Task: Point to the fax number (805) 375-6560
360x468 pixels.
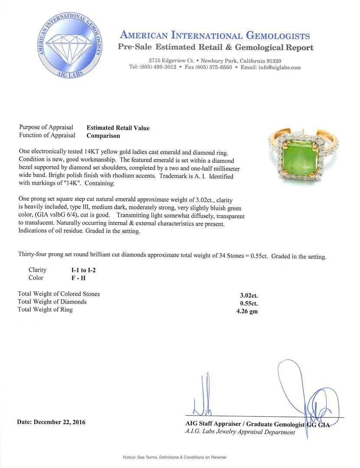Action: click(214, 68)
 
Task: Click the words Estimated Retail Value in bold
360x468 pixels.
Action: click(118, 128)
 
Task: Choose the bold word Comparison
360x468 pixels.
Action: click(103, 136)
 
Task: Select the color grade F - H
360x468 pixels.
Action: click(79, 278)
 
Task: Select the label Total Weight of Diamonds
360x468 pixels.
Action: click(52, 302)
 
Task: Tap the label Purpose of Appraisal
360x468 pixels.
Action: click(46, 127)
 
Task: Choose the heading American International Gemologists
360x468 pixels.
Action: click(214, 36)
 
